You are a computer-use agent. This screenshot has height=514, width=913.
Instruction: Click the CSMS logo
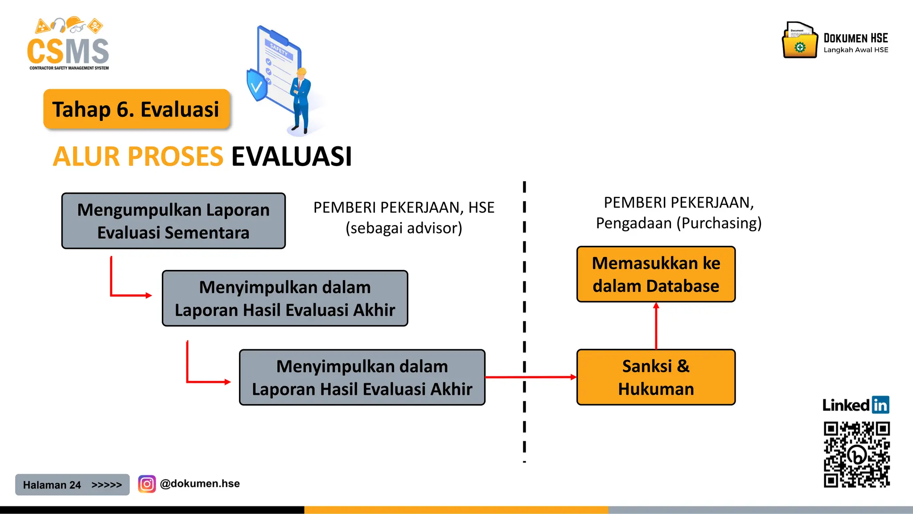(68, 45)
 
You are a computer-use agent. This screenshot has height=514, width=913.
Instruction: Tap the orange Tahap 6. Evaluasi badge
(136, 109)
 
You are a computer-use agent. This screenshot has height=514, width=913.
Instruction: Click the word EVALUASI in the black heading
(292, 157)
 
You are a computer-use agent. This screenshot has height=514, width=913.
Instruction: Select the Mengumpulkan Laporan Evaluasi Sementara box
(173, 221)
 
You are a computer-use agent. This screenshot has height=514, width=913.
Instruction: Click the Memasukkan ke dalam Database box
(656, 274)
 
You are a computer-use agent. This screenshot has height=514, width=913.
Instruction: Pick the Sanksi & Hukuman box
(656, 377)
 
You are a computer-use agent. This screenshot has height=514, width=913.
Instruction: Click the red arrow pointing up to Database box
(656, 326)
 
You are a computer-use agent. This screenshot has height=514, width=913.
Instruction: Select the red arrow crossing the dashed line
(531, 377)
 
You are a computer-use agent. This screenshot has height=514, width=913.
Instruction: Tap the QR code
(856, 455)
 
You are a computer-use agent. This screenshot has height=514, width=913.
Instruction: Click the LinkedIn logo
(856, 405)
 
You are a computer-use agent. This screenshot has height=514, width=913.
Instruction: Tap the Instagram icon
(147, 484)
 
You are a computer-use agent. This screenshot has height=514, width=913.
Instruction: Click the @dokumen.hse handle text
(200, 484)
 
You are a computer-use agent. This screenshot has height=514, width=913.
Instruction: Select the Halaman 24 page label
(52, 485)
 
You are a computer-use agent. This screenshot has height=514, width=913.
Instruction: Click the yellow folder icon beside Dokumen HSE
(800, 41)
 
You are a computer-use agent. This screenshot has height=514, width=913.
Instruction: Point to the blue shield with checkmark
(257, 85)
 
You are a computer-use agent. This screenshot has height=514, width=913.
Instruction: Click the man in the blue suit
(301, 100)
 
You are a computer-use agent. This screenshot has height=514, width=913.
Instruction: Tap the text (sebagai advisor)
(404, 228)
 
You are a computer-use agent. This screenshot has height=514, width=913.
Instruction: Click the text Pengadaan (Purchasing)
(679, 223)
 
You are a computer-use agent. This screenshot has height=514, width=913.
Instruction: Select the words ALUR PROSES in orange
(138, 157)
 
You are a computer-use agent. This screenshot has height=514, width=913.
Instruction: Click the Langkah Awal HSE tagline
(856, 50)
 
